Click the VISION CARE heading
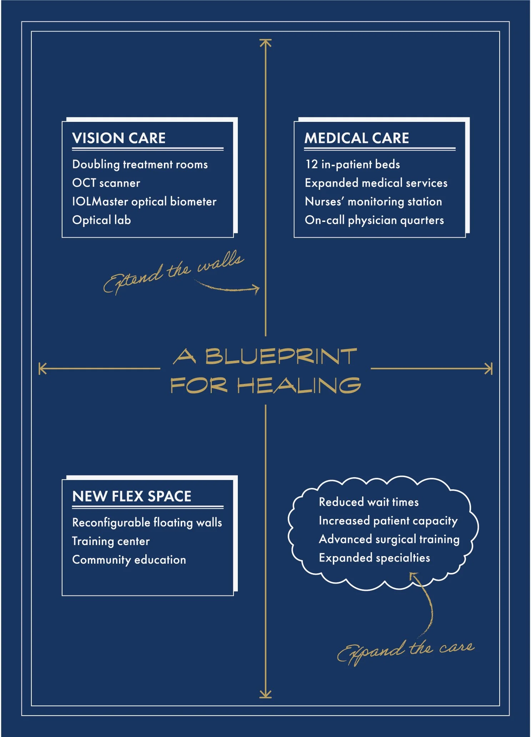click(x=119, y=138)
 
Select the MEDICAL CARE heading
click(x=356, y=138)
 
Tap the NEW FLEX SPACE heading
click(x=131, y=496)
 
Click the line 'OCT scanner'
click(x=106, y=183)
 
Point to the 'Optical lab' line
click(x=101, y=220)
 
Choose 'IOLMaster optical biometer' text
click(x=144, y=202)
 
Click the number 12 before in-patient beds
click(x=311, y=164)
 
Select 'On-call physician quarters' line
click(x=374, y=220)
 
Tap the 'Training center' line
click(x=111, y=541)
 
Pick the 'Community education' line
click(x=129, y=560)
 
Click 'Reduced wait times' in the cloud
click(x=369, y=502)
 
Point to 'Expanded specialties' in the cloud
click(x=374, y=558)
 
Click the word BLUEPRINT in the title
click(x=281, y=356)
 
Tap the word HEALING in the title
click(x=299, y=386)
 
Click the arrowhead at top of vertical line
click(x=265, y=43)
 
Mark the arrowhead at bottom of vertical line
click(x=265, y=694)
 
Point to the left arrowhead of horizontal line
click(x=42, y=368)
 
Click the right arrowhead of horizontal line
click(x=489, y=368)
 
